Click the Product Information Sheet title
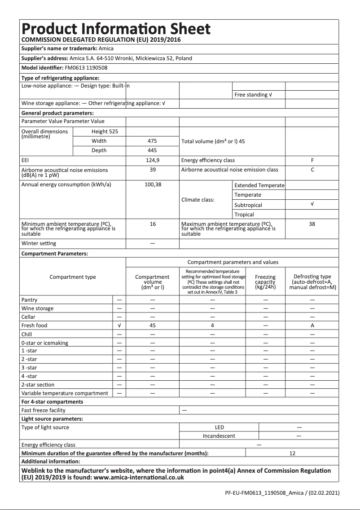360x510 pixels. (x=116, y=29)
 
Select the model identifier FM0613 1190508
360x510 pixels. (x=86, y=68)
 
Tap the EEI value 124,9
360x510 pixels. (x=153, y=160)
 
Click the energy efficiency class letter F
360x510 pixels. (x=312, y=160)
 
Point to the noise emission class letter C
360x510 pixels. (x=312, y=170)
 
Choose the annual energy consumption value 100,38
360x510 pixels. (x=153, y=185)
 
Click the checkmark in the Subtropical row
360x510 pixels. (x=312, y=204)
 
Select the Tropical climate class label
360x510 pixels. (x=244, y=215)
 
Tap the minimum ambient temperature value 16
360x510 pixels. (x=153, y=224)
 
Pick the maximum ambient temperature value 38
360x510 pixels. (x=312, y=224)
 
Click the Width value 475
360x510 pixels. (x=153, y=141)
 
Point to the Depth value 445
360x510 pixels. (x=153, y=150)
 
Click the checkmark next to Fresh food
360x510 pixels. (x=119, y=325)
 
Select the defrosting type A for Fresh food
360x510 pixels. (x=312, y=325)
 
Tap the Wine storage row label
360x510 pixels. (x=37, y=308)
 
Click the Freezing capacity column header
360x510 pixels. (x=265, y=282)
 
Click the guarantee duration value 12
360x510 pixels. (x=292, y=453)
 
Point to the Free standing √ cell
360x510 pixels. (x=253, y=95)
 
